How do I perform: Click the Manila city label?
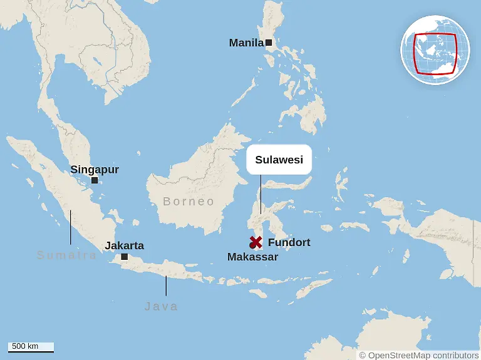tap(246, 43)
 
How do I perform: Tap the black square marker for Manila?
tap(269, 43)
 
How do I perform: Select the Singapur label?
tap(95, 170)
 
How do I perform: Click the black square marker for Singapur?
tap(95, 180)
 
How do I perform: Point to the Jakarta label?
tap(124, 246)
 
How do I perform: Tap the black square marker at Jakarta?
tap(125, 257)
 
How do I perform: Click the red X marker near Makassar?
tap(256, 242)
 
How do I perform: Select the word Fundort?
tap(289, 242)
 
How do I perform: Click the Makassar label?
tap(252, 257)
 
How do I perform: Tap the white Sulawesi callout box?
tap(279, 160)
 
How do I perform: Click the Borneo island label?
tap(189, 202)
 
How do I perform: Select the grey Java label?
tap(161, 306)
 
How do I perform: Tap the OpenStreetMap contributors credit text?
tap(418, 355)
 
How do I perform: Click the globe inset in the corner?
tap(435, 50)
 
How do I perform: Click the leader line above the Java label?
tap(166, 285)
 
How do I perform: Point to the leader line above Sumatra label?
tap(70, 227)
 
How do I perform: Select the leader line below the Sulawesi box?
tap(261, 193)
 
